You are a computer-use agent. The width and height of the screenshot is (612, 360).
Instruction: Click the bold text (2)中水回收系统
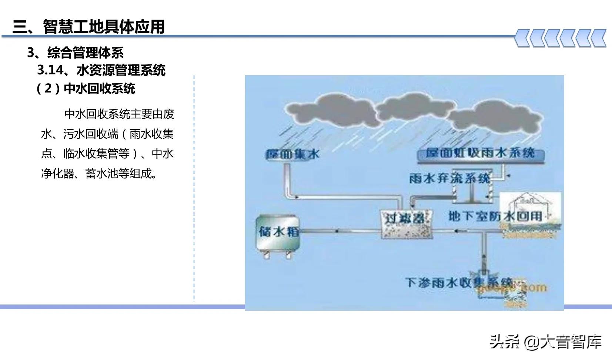coord(86,89)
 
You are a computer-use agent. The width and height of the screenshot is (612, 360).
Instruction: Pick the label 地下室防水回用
coord(495,216)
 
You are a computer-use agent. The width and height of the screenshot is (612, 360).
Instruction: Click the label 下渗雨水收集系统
coord(459,282)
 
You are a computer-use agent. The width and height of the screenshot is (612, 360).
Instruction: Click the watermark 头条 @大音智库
coord(546,342)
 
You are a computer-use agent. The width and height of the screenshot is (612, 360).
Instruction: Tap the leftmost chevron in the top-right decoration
coord(523,38)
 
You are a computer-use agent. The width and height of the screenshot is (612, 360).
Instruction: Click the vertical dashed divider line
coord(194,189)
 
